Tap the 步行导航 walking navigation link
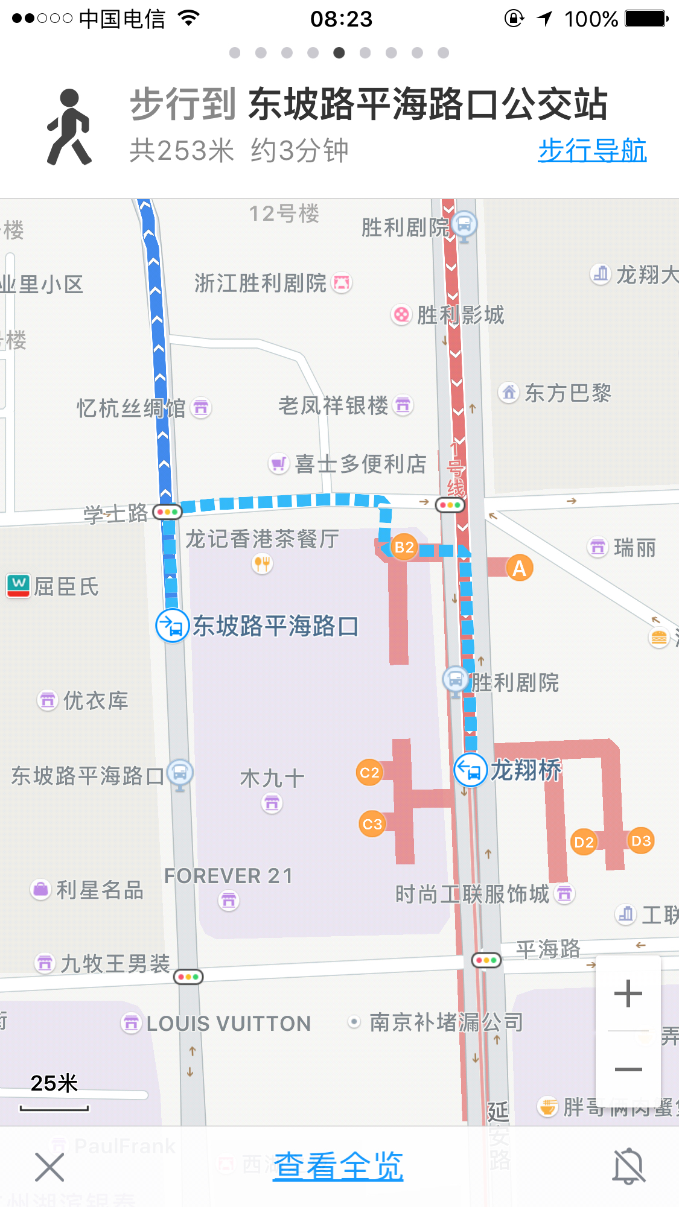pos(592,151)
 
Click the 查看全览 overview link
pos(338,1166)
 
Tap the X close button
pos(49,1167)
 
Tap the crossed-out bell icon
pos(629,1166)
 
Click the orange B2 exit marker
pos(404,547)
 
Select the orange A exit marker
pos(519,568)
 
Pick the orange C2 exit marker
pos(369,773)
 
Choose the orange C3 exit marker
pos(372,824)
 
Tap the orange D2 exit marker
pos(584,842)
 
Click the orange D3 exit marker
pos(640,841)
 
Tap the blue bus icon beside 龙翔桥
pos(470,770)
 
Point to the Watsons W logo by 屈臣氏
pos(19,585)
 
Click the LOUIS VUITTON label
pos(228,1024)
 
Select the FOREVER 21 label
pos(228,876)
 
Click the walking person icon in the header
pos(69,127)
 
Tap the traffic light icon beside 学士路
pos(167,512)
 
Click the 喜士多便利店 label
pos(360,464)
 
